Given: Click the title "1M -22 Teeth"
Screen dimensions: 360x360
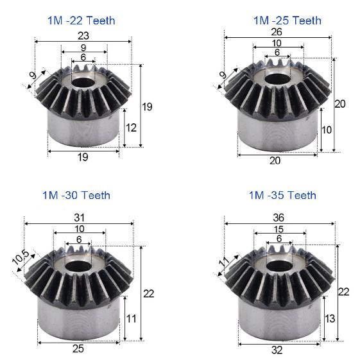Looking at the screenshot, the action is [x=81, y=21].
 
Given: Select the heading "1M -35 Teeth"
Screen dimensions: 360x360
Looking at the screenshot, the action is [x=282, y=195].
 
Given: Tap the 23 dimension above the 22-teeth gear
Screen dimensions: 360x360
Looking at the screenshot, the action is [x=83, y=35].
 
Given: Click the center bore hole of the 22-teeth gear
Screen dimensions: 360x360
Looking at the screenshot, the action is [x=83, y=83].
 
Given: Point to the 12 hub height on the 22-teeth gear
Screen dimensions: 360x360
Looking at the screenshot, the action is [x=131, y=128].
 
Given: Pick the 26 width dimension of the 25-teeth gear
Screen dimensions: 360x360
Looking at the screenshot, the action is [x=277, y=31].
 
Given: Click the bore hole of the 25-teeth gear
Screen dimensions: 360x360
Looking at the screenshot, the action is [x=278, y=79].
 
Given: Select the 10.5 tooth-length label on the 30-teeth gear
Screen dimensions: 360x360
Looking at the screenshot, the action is [x=21, y=257].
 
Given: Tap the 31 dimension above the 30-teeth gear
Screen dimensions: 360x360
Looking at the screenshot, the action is [x=80, y=218].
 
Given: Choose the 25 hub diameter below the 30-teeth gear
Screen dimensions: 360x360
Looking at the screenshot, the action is [x=78, y=348].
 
